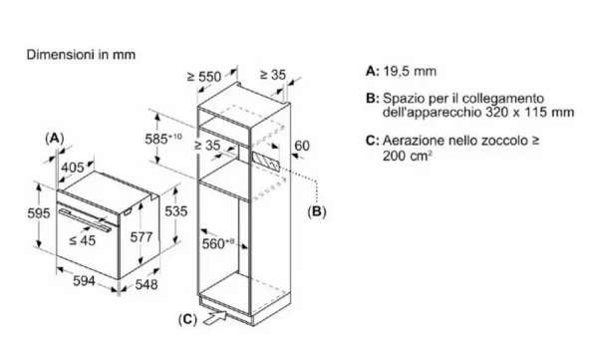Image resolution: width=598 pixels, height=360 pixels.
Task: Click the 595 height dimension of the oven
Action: click(x=39, y=213)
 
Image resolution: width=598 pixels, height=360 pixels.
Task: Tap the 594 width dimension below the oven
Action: click(x=84, y=281)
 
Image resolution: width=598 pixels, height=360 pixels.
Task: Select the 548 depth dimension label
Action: click(x=147, y=284)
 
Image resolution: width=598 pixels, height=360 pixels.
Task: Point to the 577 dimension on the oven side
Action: click(x=142, y=237)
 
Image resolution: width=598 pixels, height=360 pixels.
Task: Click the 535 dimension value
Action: click(x=175, y=211)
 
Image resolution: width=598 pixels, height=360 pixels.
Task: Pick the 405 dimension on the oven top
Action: click(x=73, y=168)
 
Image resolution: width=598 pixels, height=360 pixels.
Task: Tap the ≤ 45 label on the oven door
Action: click(x=83, y=240)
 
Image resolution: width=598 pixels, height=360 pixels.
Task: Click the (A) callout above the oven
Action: click(x=55, y=139)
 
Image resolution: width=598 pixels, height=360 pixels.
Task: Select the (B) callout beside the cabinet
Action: click(x=317, y=211)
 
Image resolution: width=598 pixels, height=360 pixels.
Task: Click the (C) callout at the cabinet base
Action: click(x=187, y=319)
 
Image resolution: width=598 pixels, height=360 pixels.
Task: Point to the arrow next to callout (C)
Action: click(x=214, y=318)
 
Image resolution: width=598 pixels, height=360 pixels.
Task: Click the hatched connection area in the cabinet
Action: click(x=266, y=162)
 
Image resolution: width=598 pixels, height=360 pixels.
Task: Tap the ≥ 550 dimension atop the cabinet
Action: click(x=204, y=77)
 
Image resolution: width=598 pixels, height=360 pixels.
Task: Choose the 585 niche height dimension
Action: click(x=163, y=139)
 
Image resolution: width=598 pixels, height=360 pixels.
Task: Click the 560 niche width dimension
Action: click(x=217, y=243)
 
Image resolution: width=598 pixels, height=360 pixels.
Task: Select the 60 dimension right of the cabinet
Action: click(x=302, y=146)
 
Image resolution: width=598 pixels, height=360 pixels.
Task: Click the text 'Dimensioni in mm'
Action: click(x=81, y=55)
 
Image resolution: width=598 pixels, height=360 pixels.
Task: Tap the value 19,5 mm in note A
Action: click(x=410, y=72)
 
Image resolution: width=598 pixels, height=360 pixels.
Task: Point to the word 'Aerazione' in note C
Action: click(x=413, y=141)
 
